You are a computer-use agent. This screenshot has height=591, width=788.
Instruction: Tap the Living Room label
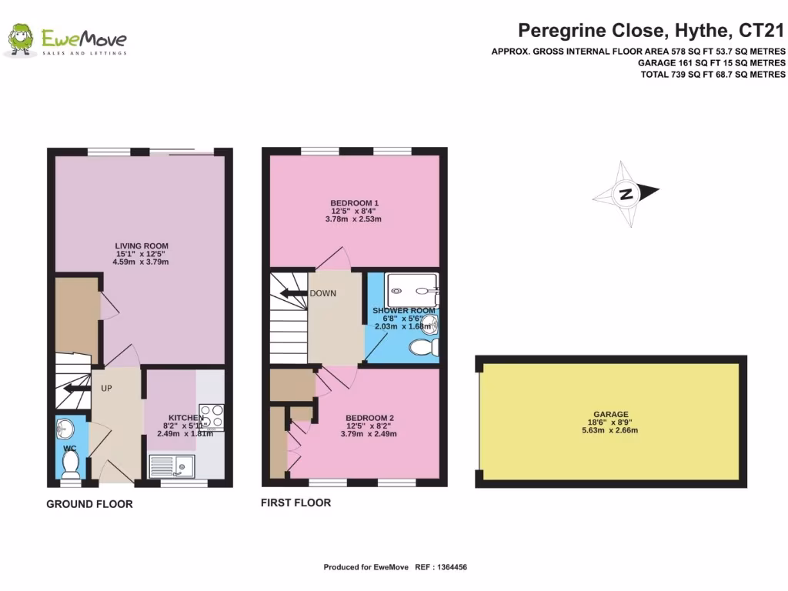tap(140, 246)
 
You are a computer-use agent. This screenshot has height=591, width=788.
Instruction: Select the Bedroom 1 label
tap(354, 203)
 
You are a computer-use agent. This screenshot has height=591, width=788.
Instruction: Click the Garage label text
tap(610, 414)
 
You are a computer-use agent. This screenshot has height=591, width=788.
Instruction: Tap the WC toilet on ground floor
tap(70, 463)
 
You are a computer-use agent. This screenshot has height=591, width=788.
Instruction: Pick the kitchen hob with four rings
tap(211, 416)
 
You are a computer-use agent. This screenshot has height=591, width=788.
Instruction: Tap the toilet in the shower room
tap(422, 348)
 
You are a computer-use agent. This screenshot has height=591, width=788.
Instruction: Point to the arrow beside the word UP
tap(77, 389)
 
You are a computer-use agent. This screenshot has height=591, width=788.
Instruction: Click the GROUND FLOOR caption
tap(89, 504)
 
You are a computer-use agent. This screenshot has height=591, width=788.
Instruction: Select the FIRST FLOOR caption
tap(295, 503)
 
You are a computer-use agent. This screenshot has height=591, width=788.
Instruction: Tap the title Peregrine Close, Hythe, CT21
tap(651, 31)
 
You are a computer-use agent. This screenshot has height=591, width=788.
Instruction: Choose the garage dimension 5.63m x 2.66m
tap(610, 429)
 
